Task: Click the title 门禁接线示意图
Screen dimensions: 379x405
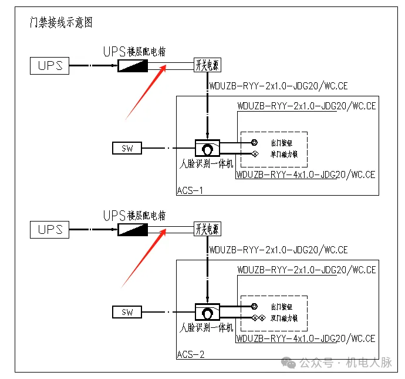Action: click(x=61, y=23)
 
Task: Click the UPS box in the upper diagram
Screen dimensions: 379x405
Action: click(x=50, y=65)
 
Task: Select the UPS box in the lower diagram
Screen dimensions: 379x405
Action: click(x=50, y=229)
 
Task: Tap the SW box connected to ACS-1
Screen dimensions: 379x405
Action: click(x=127, y=148)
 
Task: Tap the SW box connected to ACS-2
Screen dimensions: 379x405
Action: click(x=127, y=311)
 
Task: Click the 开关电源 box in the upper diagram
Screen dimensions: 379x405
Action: click(x=208, y=65)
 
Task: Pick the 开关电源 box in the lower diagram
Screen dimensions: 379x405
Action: click(x=208, y=229)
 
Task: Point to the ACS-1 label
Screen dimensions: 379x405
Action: click(x=190, y=190)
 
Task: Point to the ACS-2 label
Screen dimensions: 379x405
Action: click(x=190, y=354)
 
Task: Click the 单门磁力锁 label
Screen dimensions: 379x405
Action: click(x=284, y=155)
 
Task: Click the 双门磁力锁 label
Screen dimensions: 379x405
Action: click(x=284, y=318)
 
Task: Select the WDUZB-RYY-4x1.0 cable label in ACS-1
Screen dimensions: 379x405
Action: click(x=305, y=175)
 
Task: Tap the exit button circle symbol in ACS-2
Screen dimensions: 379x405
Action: click(x=254, y=306)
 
